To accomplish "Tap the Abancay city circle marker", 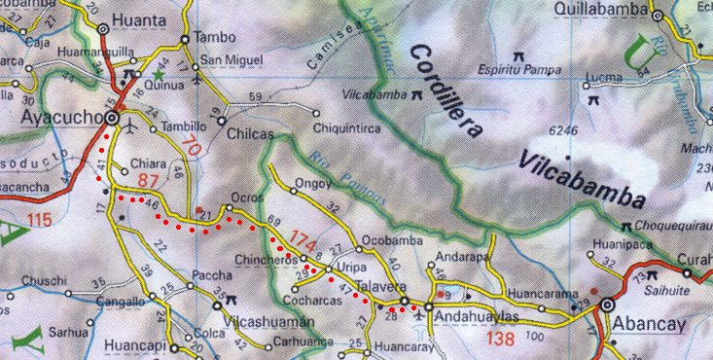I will point(607,305).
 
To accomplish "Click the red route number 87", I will point(149,182).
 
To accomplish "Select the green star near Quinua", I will point(157,74).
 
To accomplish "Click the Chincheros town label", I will point(265,261).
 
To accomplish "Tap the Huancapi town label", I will point(132,344).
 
